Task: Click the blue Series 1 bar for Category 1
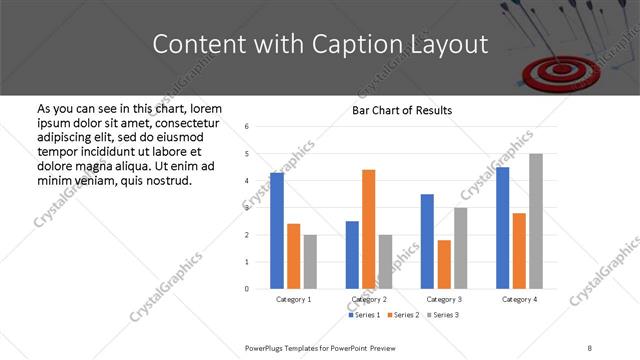(x=277, y=230)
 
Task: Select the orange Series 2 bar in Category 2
(x=368, y=229)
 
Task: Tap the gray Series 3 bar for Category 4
(x=536, y=221)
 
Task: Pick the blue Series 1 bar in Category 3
(x=427, y=241)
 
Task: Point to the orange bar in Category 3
(x=444, y=264)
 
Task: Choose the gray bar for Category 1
(x=310, y=261)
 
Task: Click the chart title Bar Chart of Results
(x=402, y=110)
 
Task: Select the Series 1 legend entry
(x=366, y=315)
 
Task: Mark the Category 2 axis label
(x=369, y=299)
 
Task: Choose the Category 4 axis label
(x=519, y=299)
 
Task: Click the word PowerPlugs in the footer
(x=267, y=346)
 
